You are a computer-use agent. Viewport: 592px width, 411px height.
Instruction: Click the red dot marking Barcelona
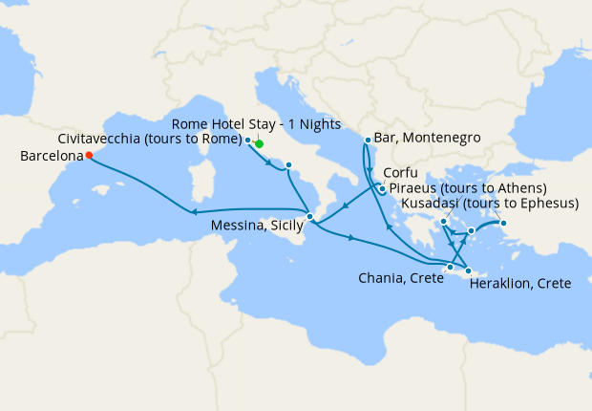coord(89,155)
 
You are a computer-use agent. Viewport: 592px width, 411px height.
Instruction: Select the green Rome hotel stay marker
coord(259,143)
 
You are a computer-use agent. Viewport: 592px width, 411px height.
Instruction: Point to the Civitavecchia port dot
coord(248,140)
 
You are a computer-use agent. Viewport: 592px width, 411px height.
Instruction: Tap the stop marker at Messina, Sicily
coord(309,217)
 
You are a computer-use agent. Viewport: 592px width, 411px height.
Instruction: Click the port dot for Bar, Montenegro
coord(368,141)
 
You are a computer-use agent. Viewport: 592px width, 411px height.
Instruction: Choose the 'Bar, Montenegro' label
coord(428,138)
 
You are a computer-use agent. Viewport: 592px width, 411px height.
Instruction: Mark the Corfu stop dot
coord(382,188)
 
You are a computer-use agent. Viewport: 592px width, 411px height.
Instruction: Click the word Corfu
coord(401,174)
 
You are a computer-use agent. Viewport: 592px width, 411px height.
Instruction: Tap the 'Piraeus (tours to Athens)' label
coord(467,188)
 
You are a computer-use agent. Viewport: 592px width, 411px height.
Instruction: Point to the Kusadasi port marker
coord(504,225)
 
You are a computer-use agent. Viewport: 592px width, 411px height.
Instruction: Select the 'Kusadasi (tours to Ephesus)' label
coord(491,204)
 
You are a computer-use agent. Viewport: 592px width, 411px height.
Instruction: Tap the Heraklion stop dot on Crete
coord(468,271)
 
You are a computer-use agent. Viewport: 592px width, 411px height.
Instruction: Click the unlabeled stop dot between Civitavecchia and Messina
coord(287,165)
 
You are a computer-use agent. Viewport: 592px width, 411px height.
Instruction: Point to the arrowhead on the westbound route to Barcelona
coord(193,213)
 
